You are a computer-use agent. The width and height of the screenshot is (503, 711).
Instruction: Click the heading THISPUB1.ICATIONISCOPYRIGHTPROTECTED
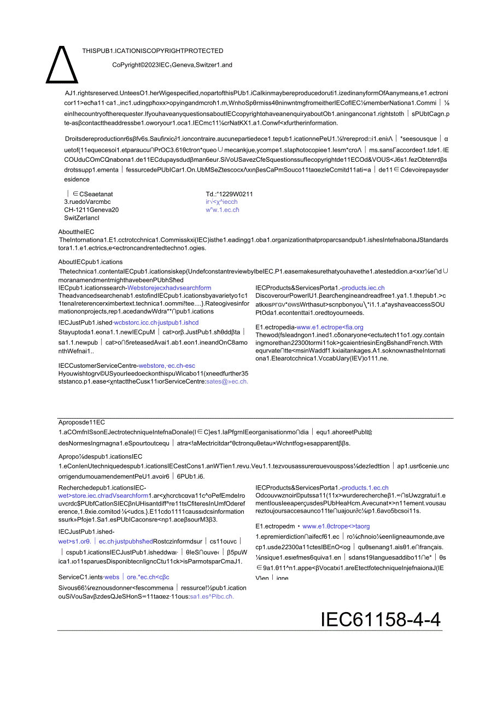(153, 51)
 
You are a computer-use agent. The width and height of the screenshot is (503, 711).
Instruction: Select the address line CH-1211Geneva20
(91, 210)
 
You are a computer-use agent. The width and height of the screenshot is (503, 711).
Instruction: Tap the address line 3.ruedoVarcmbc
(87, 202)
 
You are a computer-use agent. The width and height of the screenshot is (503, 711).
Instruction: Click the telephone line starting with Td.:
(229, 194)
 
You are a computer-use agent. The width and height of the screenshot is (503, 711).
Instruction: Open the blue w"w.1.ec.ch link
(223, 210)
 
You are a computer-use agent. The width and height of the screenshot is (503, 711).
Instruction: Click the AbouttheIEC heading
(76, 232)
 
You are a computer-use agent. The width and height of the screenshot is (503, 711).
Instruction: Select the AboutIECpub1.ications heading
(90, 262)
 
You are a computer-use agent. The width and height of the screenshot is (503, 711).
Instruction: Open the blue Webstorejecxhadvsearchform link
(169, 287)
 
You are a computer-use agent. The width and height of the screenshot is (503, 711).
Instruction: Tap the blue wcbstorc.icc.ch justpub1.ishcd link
(156, 322)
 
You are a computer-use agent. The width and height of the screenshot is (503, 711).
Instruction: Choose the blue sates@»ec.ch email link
(227, 381)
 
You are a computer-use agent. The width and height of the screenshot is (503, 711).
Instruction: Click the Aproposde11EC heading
(81, 422)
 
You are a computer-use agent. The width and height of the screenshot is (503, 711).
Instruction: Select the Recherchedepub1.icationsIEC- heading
(102, 487)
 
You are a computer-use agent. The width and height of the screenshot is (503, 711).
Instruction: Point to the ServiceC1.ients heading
(80, 577)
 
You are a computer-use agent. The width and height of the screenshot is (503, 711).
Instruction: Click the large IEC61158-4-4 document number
(381, 620)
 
